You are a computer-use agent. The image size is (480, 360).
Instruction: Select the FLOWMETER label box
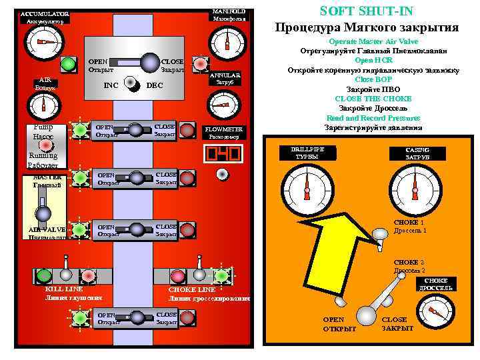tap(224, 131)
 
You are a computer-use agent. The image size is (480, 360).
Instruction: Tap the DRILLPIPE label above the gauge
tap(307, 152)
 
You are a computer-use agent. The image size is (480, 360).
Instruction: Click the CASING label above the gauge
tap(417, 153)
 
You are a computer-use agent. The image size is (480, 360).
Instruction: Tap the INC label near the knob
tap(111, 85)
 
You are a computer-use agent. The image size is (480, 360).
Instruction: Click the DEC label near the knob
tap(154, 85)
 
